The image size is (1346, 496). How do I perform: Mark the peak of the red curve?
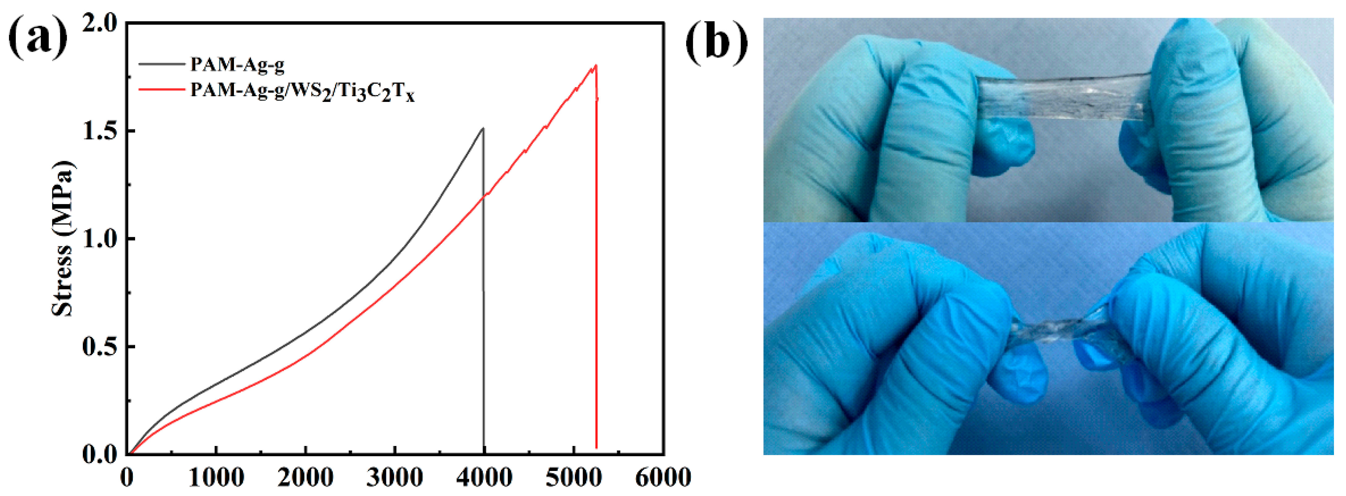[x=596, y=66]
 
